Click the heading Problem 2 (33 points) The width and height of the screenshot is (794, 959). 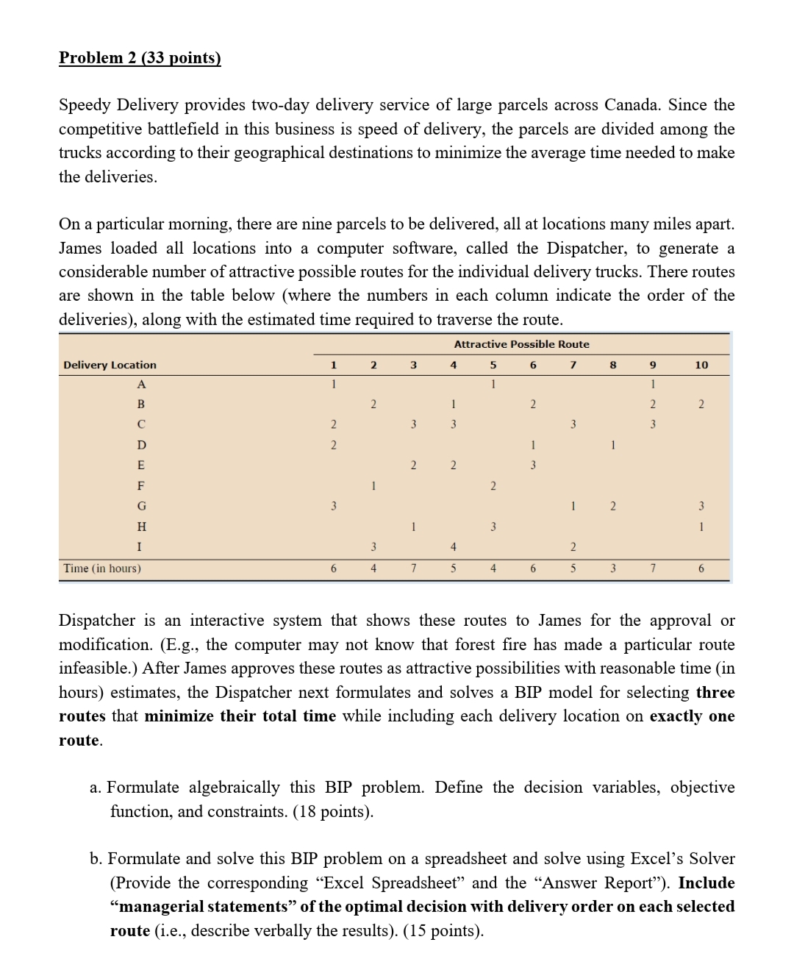click(140, 58)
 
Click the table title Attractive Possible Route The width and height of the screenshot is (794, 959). click(521, 344)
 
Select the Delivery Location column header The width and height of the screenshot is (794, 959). click(110, 365)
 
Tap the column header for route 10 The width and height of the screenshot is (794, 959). click(701, 365)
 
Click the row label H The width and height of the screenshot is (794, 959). click(141, 527)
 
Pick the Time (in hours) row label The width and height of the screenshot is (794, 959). click(102, 568)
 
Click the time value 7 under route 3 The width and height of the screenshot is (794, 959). click(414, 568)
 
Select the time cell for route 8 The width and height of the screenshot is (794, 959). click(612, 568)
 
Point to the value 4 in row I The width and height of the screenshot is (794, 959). click(454, 546)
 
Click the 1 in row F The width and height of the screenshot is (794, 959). click(373, 485)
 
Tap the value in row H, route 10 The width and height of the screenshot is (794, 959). click(701, 527)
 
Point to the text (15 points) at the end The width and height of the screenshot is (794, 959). click(445, 931)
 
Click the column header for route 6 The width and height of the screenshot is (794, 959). click(533, 365)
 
